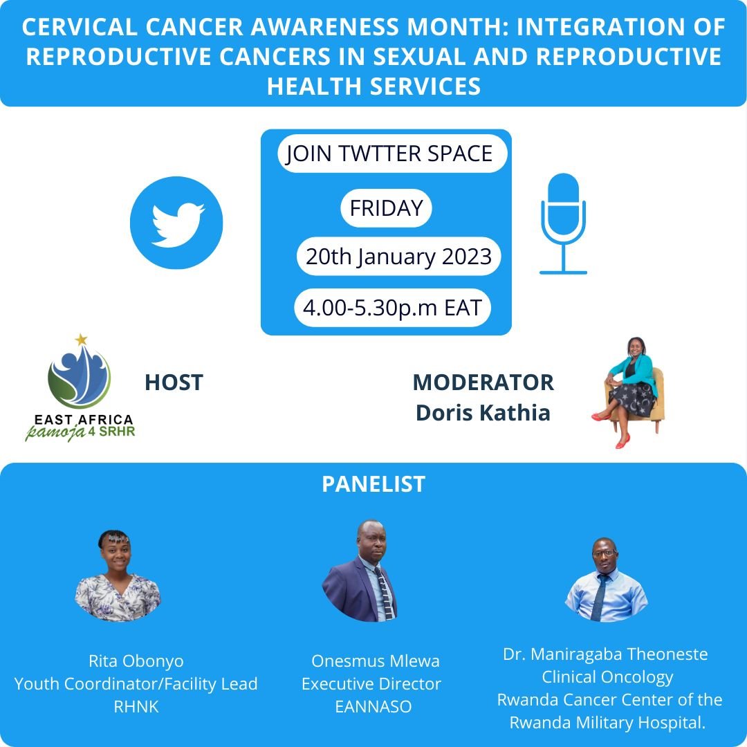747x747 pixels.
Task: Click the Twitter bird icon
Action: [x=176, y=223]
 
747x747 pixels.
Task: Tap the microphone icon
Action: [x=563, y=223]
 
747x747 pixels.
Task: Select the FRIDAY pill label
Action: [x=386, y=209]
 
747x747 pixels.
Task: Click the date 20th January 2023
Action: [x=398, y=257]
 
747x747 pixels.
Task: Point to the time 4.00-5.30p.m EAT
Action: [x=392, y=307]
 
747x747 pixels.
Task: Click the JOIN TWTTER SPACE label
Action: [x=389, y=154]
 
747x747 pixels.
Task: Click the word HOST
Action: [x=174, y=382]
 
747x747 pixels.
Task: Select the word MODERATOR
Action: [x=483, y=382]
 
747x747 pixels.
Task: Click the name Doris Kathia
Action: [x=483, y=413]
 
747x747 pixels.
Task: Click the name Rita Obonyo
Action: [x=136, y=661]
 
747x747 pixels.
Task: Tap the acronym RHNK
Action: [x=136, y=708]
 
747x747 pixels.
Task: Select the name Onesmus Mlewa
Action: [x=375, y=661]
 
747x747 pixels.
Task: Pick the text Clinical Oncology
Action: [x=607, y=676]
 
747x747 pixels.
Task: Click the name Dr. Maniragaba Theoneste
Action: [x=605, y=654]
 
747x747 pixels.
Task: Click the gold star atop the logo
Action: [x=82, y=339]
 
